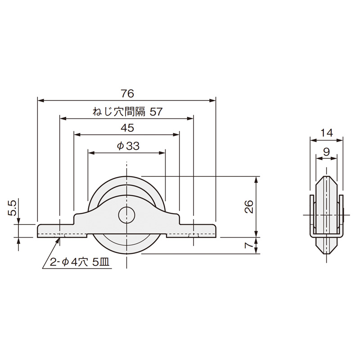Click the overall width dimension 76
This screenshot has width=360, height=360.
(x=127, y=94)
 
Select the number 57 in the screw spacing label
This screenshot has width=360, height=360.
(x=156, y=112)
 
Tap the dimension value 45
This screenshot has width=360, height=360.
(x=127, y=128)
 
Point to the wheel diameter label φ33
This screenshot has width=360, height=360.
(x=128, y=146)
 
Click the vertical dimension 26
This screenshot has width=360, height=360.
(x=249, y=207)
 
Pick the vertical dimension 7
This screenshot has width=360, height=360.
(x=249, y=245)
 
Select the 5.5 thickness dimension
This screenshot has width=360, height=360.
(x=12, y=208)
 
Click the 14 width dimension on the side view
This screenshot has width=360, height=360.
(x=326, y=133)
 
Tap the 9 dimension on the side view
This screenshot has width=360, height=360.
(x=326, y=152)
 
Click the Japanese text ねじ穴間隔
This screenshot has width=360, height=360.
(x=119, y=112)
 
